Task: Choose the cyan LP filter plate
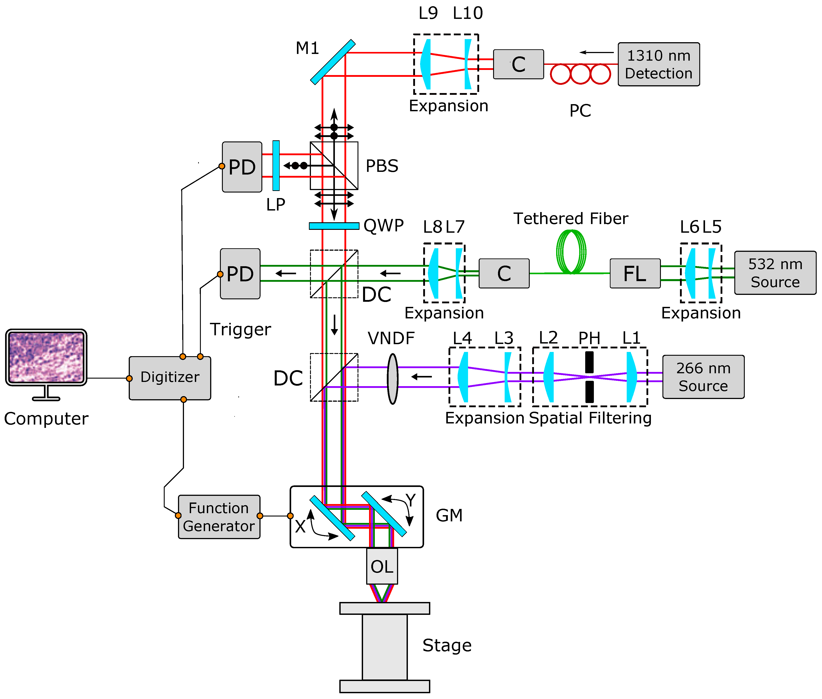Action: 276,166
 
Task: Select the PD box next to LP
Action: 241,167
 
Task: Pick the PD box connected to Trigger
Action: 240,273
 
